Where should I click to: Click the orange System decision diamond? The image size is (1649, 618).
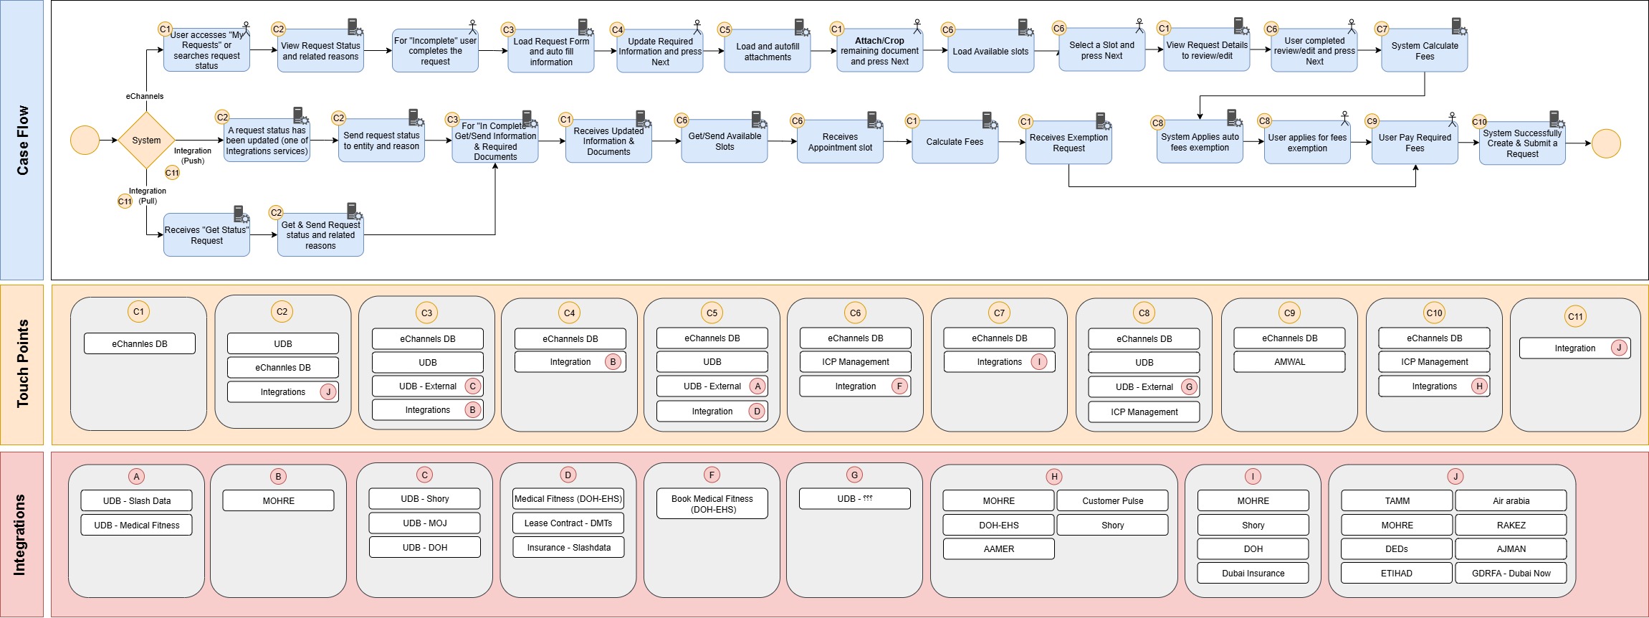146,141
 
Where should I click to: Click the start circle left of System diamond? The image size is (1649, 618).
85,140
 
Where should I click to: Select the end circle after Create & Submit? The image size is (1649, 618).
1606,143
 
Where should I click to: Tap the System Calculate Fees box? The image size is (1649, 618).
1424,52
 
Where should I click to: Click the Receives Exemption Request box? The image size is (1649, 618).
1069,143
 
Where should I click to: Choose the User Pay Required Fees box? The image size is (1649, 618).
1414,143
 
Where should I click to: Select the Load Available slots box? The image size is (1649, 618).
990,52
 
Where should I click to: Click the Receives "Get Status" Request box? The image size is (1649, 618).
206,235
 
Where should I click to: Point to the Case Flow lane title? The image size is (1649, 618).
23,140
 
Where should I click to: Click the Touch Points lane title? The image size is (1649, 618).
23,364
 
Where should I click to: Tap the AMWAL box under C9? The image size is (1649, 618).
1289,362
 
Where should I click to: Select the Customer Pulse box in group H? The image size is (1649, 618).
1112,501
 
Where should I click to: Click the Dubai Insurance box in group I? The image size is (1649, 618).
1253,574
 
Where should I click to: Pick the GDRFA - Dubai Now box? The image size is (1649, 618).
1511,574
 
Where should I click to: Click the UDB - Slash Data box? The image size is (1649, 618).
136,501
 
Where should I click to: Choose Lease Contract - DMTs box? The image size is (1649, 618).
568,523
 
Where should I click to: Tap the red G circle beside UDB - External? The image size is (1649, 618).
1189,387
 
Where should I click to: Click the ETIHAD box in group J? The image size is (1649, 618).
1396,574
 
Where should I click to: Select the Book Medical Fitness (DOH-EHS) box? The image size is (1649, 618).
712,504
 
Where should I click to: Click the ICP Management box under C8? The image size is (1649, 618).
1144,412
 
